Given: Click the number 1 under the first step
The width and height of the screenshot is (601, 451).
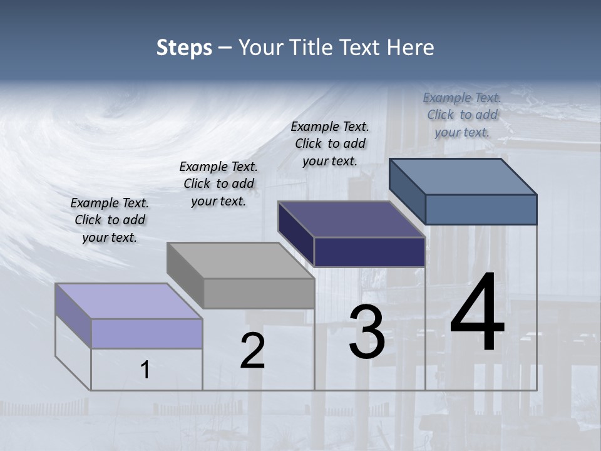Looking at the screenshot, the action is pyautogui.click(x=145, y=370).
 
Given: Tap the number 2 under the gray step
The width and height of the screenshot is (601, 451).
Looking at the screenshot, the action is pyautogui.click(x=252, y=350).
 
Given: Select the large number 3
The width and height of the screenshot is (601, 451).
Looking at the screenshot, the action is pyautogui.click(x=367, y=332).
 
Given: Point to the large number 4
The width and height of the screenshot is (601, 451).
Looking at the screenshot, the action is pyautogui.click(x=477, y=313).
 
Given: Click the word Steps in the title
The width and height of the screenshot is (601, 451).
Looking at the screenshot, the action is pyautogui.click(x=184, y=48).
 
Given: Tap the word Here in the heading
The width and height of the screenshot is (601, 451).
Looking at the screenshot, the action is pyautogui.click(x=411, y=48).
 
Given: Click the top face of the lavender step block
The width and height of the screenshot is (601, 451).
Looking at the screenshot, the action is pyautogui.click(x=129, y=301).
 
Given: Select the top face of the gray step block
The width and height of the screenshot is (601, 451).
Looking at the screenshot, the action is pyautogui.click(x=240, y=261).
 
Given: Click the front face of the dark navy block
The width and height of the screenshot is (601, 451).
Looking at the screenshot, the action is pyautogui.click(x=369, y=252).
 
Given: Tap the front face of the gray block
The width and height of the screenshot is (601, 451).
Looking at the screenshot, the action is pyautogui.click(x=259, y=293).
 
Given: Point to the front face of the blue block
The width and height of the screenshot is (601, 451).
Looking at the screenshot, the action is pyautogui.click(x=481, y=209).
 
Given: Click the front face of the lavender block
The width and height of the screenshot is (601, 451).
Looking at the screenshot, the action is pyautogui.click(x=146, y=333).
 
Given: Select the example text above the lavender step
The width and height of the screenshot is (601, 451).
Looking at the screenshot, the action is pyautogui.click(x=110, y=220).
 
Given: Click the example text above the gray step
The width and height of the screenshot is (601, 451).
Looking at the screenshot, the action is pyautogui.click(x=218, y=184).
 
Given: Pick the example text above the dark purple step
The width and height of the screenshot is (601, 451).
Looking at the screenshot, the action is pyautogui.click(x=330, y=143).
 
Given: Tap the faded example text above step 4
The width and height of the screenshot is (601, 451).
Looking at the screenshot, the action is pyautogui.click(x=462, y=115).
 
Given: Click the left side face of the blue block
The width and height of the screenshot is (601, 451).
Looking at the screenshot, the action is pyautogui.click(x=407, y=191).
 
